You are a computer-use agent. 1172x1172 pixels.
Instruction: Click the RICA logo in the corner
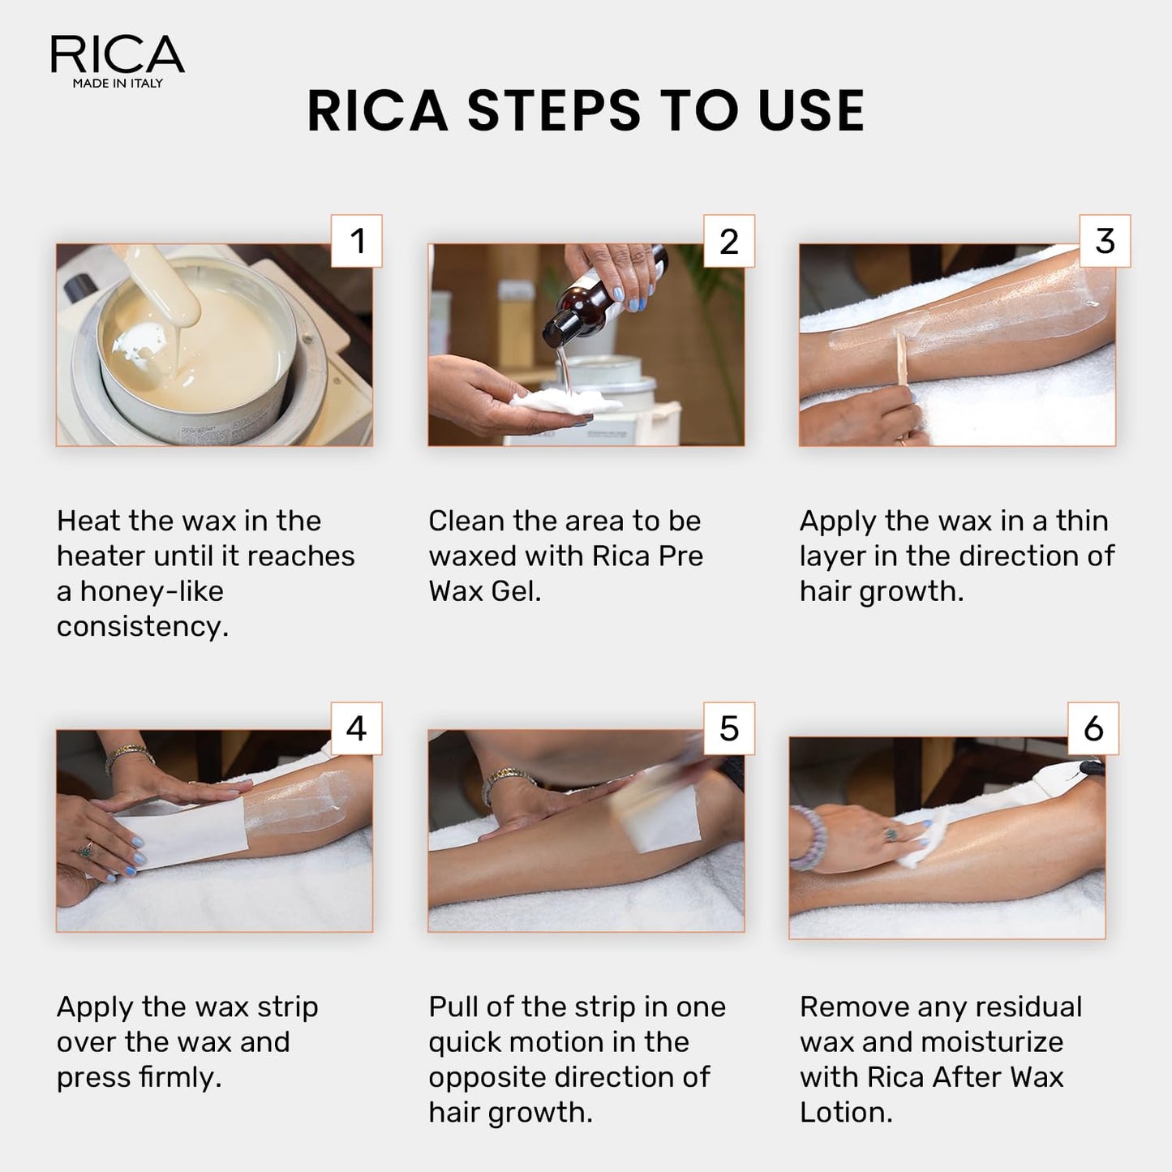117,55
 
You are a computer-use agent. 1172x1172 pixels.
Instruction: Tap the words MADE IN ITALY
118,84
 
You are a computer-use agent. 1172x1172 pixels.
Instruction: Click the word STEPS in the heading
554,111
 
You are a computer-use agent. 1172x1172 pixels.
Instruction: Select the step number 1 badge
357,241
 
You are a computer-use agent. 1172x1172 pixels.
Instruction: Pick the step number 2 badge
728,241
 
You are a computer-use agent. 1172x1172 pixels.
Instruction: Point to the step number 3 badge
1105,241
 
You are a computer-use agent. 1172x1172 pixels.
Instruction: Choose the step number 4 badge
357,728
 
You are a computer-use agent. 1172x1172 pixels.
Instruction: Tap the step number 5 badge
728,728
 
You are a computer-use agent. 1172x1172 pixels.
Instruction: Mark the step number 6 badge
1093,728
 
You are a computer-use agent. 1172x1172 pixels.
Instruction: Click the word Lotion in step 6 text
845,1113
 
